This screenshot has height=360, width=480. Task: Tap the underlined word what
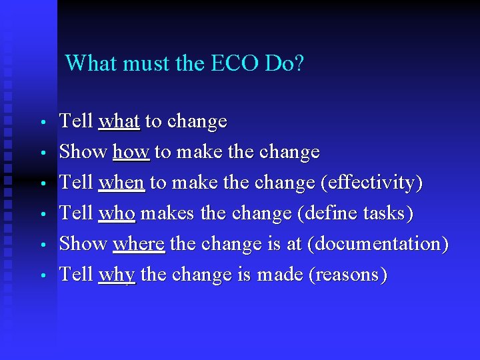pyautogui.click(x=119, y=121)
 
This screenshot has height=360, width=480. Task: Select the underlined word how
pyautogui.click(x=132, y=152)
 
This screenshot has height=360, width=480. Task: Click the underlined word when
pyautogui.click(x=121, y=183)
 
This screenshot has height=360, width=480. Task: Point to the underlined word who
pyautogui.click(x=117, y=213)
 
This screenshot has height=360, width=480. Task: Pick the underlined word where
pyautogui.click(x=139, y=244)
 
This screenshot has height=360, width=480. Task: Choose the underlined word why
pyautogui.click(x=117, y=275)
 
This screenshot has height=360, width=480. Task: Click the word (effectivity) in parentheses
pyautogui.click(x=378, y=183)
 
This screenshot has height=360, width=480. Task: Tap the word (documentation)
pyautogui.click(x=377, y=244)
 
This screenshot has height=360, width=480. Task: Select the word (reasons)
pyautogui.click(x=347, y=275)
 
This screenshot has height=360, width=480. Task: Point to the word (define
pyautogui.click(x=327, y=213)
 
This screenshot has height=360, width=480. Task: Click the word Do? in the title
pyautogui.click(x=285, y=63)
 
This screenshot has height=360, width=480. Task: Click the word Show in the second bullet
pyautogui.click(x=83, y=152)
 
